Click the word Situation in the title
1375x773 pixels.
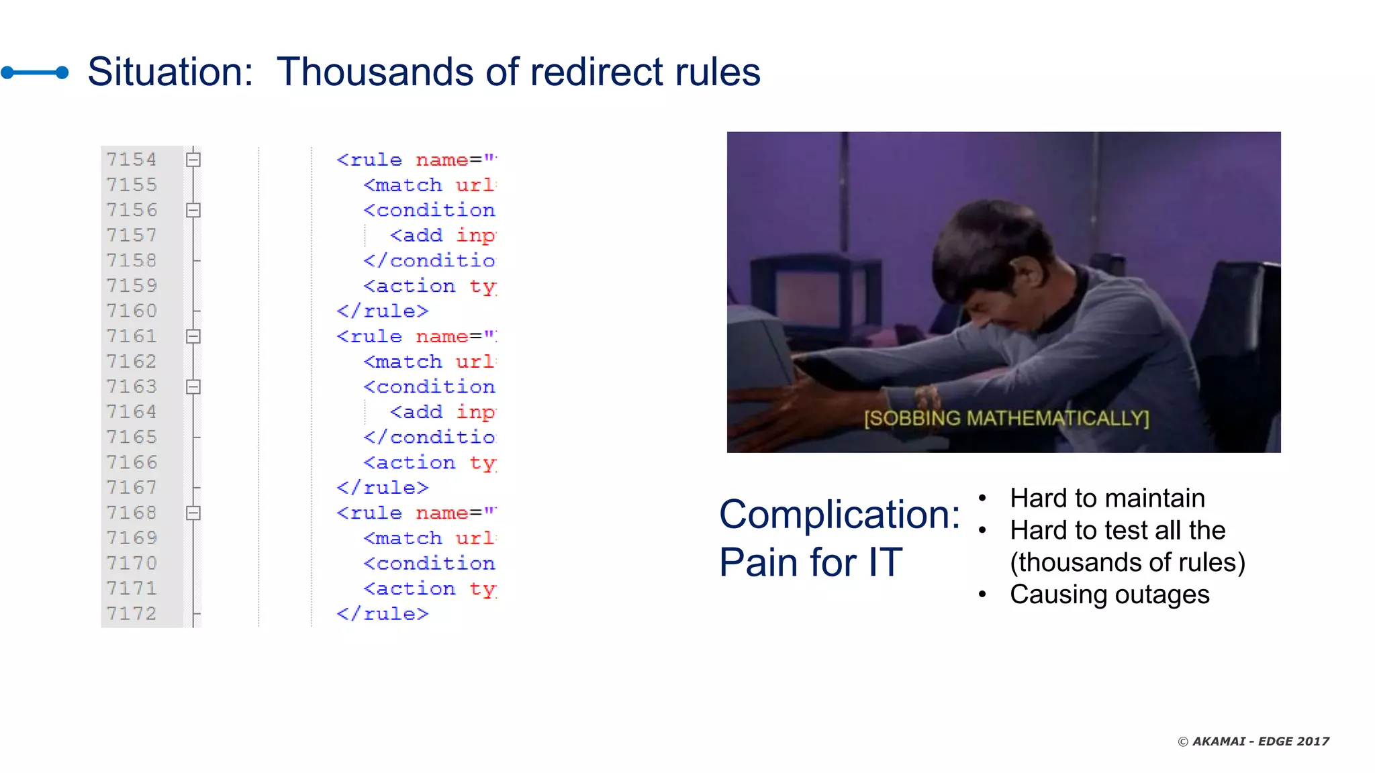coord(169,72)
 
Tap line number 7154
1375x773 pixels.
coord(132,159)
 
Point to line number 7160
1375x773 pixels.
coord(132,311)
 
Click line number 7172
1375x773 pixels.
coord(132,613)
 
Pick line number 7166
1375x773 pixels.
coord(132,462)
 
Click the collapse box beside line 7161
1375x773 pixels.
coord(193,336)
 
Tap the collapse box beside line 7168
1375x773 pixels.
coord(193,513)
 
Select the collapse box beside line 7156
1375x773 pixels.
coord(193,210)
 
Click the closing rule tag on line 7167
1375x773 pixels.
coord(382,488)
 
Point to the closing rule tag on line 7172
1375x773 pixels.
coord(382,614)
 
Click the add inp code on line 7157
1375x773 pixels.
coord(442,236)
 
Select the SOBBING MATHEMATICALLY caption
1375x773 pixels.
coord(1006,418)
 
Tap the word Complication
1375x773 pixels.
coord(839,515)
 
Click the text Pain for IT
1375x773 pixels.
coord(810,562)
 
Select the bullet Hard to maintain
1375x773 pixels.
coord(1107,498)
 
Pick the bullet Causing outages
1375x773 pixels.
coord(1109,595)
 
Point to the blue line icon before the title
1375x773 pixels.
coord(35,72)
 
